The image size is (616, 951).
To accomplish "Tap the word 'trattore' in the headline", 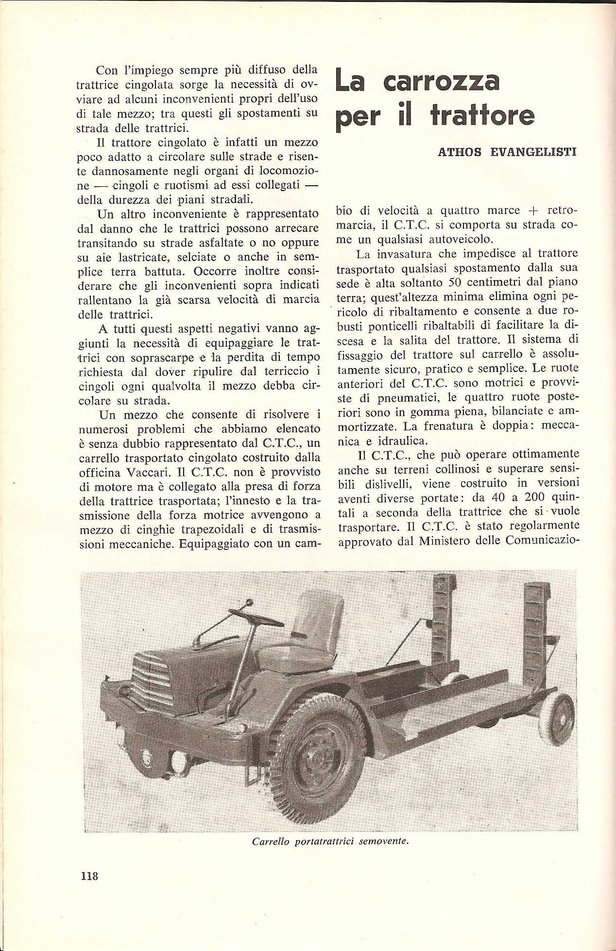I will click(x=482, y=116).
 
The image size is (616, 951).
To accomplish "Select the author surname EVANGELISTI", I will click(x=533, y=152).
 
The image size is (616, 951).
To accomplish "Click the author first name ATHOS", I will click(x=459, y=152).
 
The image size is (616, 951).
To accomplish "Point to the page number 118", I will click(x=89, y=876).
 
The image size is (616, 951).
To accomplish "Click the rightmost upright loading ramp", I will click(x=536, y=627).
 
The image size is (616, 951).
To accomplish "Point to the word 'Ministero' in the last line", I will click(x=445, y=541).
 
